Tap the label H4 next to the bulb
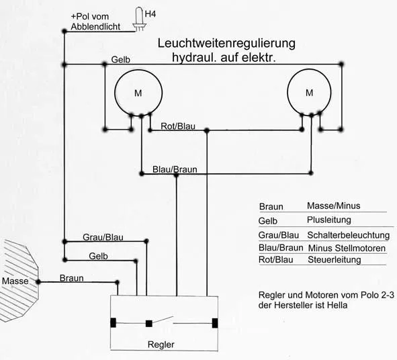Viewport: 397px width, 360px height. [x=150, y=14]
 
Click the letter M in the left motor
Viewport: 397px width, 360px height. [x=138, y=93]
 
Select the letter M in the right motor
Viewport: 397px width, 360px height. [x=310, y=93]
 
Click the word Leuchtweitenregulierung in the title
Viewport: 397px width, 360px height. [x=226, y=44]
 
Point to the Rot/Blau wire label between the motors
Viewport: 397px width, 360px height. [x=178, y=126]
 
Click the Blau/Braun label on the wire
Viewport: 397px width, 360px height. [x=175, y=169]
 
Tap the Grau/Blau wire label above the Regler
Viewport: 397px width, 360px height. [x=103, y=238]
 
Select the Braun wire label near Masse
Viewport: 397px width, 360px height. [x=72, y=278]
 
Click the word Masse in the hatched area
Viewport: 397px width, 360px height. [x=15, y=281]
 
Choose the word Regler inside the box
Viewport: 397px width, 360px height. [x=161, y=345]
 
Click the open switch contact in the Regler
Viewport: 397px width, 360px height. [x=163, y=320]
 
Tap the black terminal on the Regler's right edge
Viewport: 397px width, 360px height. [x=215, y=323]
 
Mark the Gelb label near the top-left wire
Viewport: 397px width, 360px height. [x=120, y=60]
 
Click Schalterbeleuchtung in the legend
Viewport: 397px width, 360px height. [x=349, y=236]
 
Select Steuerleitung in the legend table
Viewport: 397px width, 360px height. [x=335, y=260]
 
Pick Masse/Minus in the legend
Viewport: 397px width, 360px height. [x=333, y=206]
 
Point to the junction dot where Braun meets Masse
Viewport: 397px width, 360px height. [x=38, y=282]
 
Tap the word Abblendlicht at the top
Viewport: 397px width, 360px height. [x=95, y=27]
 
